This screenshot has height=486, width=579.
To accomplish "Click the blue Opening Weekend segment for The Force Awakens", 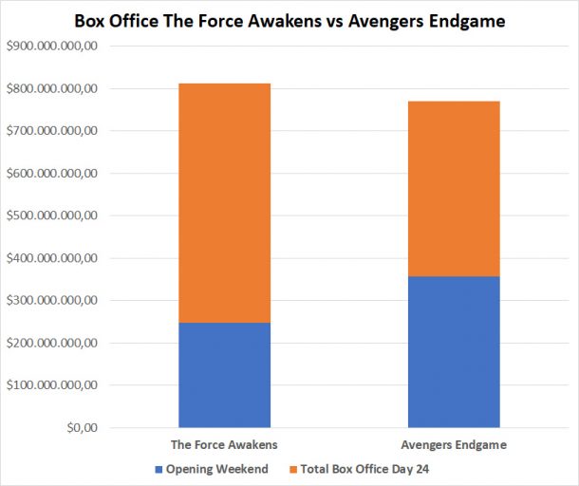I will point(224,375).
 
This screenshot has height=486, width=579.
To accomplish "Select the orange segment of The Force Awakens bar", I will point(224,203).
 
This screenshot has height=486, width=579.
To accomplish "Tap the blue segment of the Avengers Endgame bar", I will point(454,351).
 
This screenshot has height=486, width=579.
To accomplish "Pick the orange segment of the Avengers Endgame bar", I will point(454,189).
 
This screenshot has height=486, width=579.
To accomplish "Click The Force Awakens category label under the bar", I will point(224,444).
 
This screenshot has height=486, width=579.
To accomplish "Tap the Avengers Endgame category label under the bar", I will point(454,444).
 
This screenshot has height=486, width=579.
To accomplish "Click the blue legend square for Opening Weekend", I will point(158,470).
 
